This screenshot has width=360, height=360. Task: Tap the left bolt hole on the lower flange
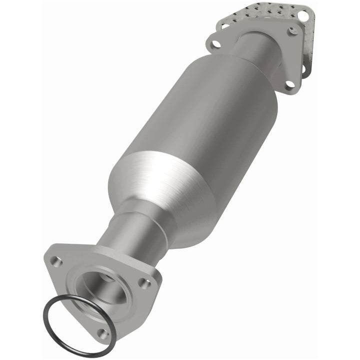click(55, 260)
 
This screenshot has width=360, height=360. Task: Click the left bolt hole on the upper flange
click(216, 44)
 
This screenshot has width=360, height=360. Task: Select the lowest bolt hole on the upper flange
click(289, 86)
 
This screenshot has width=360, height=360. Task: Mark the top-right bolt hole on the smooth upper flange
click(294, 30)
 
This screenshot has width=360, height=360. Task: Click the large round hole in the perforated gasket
click(302, 16)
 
